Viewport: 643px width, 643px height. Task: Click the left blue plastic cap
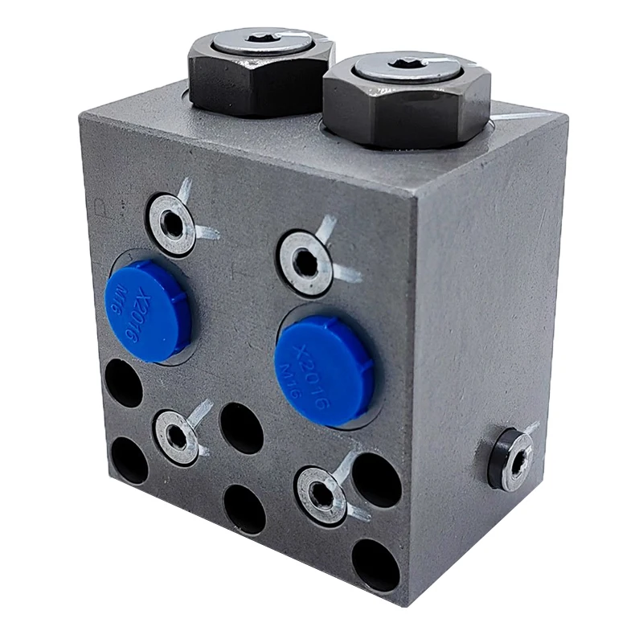pos(146,310)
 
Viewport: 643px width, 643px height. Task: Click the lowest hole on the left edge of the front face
pos(129,461)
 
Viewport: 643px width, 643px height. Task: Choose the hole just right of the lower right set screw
pos(376,480)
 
